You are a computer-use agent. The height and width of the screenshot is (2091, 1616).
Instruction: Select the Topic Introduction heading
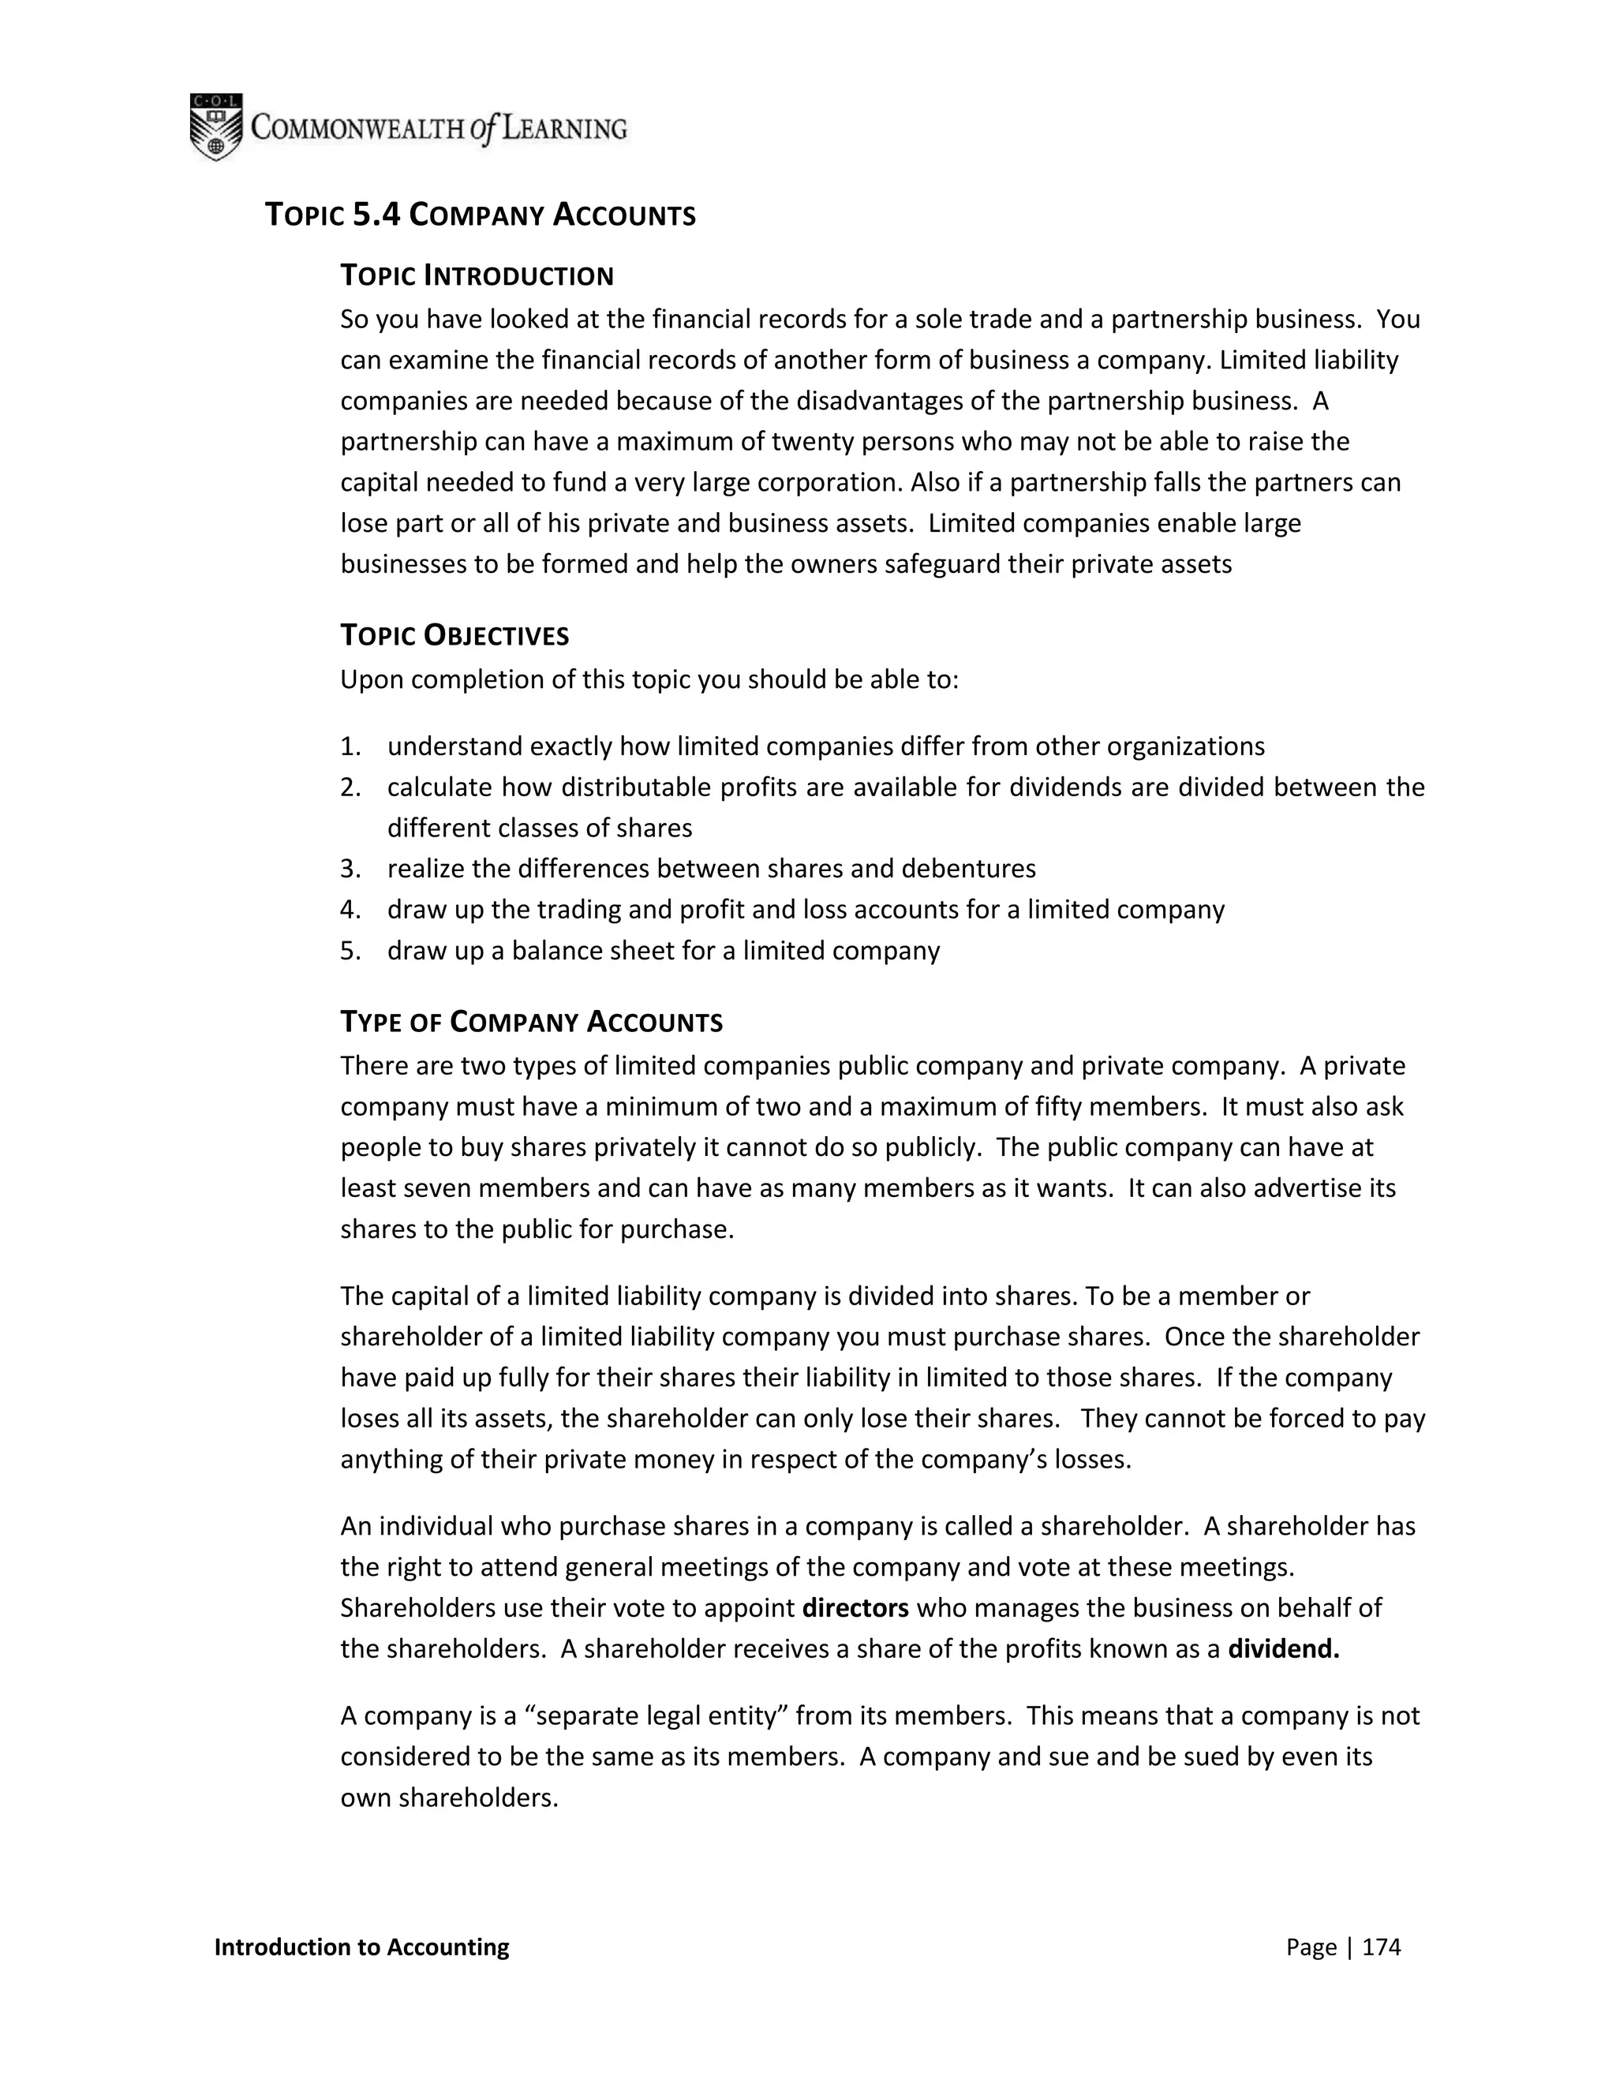[x=477, y=275]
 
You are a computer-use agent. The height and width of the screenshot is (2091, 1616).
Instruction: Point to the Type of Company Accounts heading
[x=531, y=1022]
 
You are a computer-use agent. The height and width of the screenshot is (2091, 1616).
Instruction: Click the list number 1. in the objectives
[x=350, y=746]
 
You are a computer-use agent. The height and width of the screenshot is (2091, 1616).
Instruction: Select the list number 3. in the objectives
[x=350, y=869]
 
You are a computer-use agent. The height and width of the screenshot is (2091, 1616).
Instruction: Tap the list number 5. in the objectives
[x=350, y=951]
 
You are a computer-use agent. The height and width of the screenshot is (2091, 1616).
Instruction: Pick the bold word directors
[x=855, y=1607]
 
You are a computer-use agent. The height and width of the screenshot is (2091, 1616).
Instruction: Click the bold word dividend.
[x=1283, y=1648]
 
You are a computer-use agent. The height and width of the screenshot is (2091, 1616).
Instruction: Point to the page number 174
[x=1381, y=1947]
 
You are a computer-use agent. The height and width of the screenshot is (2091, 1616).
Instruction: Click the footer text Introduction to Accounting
[x=362, y=1947]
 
